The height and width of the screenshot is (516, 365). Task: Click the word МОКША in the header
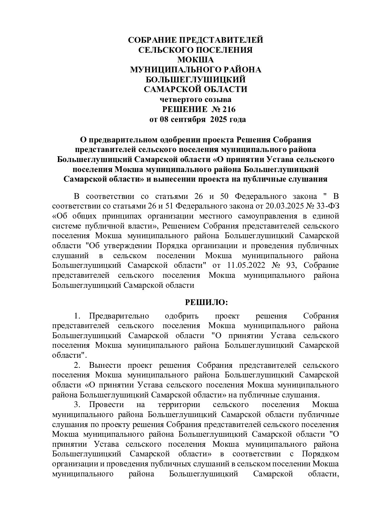tap(195, 60)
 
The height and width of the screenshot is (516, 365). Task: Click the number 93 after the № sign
tap(295, 265)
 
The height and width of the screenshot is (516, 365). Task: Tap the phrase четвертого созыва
tap(195, 100)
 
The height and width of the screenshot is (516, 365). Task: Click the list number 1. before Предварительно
tap(77, 316)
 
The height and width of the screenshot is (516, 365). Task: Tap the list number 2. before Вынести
tap(77, 365)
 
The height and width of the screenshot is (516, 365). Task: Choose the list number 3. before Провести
tap(77, 404)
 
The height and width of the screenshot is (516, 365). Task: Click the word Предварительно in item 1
tap(119, 316)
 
